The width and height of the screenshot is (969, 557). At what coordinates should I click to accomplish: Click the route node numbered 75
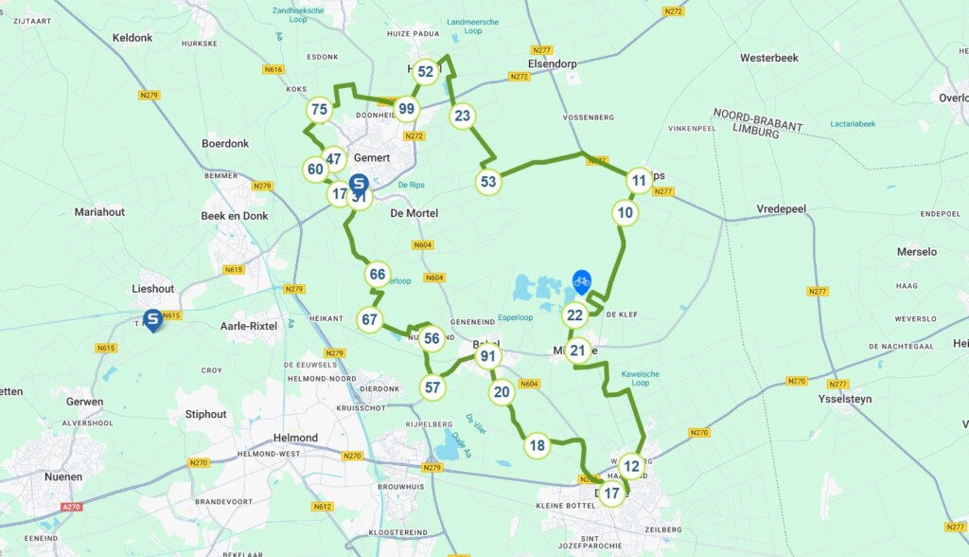pos(319,110)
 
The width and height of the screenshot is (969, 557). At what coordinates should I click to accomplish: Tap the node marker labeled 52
pos(426,71)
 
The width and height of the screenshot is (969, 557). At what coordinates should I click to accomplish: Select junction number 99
pos(407,109)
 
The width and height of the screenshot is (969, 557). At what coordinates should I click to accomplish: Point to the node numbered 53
pos(487,182)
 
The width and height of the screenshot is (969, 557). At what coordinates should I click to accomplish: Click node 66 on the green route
pos(378,275)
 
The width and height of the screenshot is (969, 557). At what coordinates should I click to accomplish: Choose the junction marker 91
pos(488,357)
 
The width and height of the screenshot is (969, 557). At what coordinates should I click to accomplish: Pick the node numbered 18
pos(537,445)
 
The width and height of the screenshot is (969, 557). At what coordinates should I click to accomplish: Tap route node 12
pos(631,465)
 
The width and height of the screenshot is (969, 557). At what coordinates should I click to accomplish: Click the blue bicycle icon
pos(582,281)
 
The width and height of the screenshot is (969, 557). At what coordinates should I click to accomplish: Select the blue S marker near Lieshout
pos(152,319)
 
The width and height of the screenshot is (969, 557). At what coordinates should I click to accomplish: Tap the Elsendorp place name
pos(553,64)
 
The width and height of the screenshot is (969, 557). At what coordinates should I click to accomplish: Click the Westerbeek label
pos(768,58)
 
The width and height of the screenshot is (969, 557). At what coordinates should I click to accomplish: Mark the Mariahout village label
pos(99,212)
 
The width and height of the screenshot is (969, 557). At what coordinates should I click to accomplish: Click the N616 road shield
pos(273,69)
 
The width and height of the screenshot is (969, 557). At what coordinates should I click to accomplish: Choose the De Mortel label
pos(414,213)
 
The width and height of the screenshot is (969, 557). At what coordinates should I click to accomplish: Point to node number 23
pos(462,116)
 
